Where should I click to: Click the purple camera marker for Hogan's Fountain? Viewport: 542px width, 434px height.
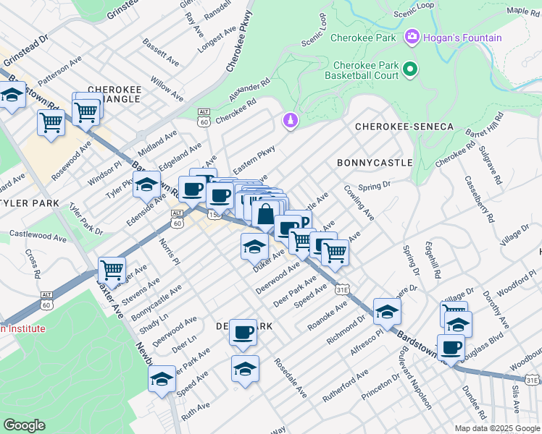click(x=412, y=35)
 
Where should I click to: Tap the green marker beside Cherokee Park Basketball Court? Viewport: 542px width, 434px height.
click(x=410, y=69)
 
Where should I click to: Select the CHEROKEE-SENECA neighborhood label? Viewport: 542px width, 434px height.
click(x=404, y=127)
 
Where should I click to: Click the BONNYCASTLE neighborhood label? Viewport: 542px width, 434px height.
click(x=375, y=163)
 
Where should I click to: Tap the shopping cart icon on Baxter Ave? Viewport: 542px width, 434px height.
click(x=112, y=270)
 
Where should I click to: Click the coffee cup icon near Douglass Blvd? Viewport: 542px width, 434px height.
click(x=451, y=346)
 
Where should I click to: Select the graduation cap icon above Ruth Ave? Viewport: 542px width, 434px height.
click(x=162, y=378)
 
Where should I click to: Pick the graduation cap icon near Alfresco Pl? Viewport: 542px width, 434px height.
click(x=387, y=312)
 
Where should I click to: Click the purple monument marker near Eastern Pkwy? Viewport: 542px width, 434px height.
click(x=291, y=119)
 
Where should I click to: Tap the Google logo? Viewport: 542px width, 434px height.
click(x=24, y=425)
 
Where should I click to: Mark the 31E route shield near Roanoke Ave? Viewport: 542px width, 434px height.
click(x=343, y=289)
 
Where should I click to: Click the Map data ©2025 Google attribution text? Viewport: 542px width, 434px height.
click(x=496, y=428)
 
